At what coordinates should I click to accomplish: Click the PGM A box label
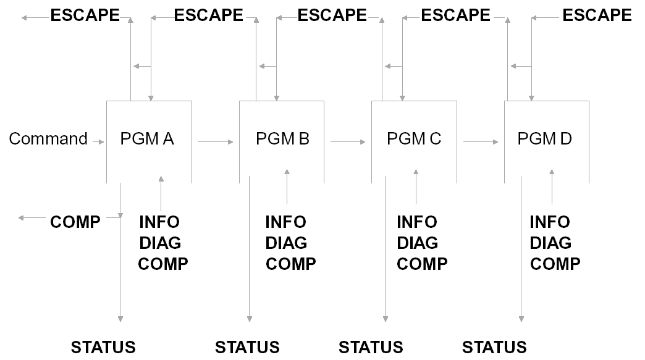(147, 139)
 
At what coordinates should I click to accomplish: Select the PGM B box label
(282, 139)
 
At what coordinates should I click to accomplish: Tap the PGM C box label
(414, 139)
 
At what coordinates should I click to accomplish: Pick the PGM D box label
(545, 139)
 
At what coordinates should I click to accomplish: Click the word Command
(48, 139)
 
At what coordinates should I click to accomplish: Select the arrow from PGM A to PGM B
(216, 142)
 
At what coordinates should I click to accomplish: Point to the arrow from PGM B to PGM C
(348, 142)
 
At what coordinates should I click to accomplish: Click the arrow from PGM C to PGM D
(481, 142)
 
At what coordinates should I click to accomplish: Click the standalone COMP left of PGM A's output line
(75, 222)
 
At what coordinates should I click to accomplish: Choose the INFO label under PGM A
(159, 222)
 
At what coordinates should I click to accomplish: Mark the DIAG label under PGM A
(160, 243)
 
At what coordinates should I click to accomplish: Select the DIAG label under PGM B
(286, 243)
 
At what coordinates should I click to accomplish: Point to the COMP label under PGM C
(422, 264)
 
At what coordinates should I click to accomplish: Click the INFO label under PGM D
(550, 222)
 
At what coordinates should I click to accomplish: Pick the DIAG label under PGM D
(550, 243)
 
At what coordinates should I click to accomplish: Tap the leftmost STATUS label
(103, 347)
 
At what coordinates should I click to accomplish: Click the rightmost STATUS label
(494, 347)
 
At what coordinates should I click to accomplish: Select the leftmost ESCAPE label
(85, 15)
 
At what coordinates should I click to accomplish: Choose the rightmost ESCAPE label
(597, 15)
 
